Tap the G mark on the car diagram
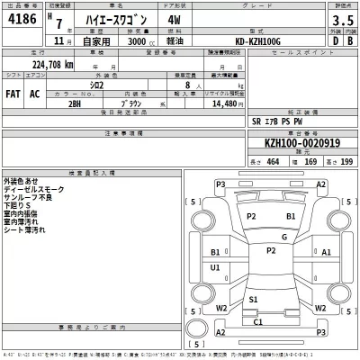click(x=283, y=237)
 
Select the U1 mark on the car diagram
click(x=214, y=268)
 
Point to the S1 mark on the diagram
click(x=254, y=298)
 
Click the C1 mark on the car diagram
click(x=257, y=320)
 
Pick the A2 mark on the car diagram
click(x=321, y=184)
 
